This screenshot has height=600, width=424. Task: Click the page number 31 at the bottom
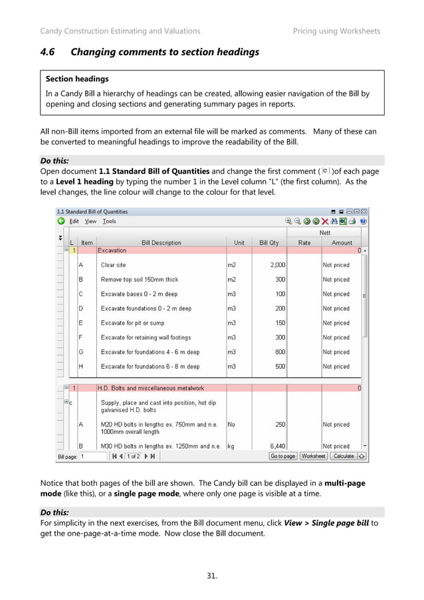click(x=211, y=575)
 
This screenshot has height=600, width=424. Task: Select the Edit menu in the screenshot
click(x=74, y=221)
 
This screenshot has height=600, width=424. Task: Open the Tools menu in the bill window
click(x=109, y=221)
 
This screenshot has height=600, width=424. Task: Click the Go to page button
click(x=282, y=456)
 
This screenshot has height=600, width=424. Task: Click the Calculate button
click(x=344, y=456)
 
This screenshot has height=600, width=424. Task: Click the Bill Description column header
click(x=161, y=243)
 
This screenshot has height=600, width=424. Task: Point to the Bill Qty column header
click(x=268, y=243)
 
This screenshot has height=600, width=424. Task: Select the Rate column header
click(x=304, y=243)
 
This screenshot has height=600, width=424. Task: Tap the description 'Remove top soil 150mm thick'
click(x=140, y=280)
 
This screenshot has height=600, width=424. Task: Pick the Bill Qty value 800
click(x=280, y=352)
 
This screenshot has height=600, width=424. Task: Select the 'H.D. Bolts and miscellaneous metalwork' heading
click(x=151, y=388)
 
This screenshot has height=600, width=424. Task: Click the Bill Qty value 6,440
click(x=277, y=446)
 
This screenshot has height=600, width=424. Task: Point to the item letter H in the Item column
click(x=80, y=367)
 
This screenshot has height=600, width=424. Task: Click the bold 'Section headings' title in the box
click(x=76, y=79)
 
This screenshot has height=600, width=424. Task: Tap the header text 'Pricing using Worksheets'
click(x=336, y=31)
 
